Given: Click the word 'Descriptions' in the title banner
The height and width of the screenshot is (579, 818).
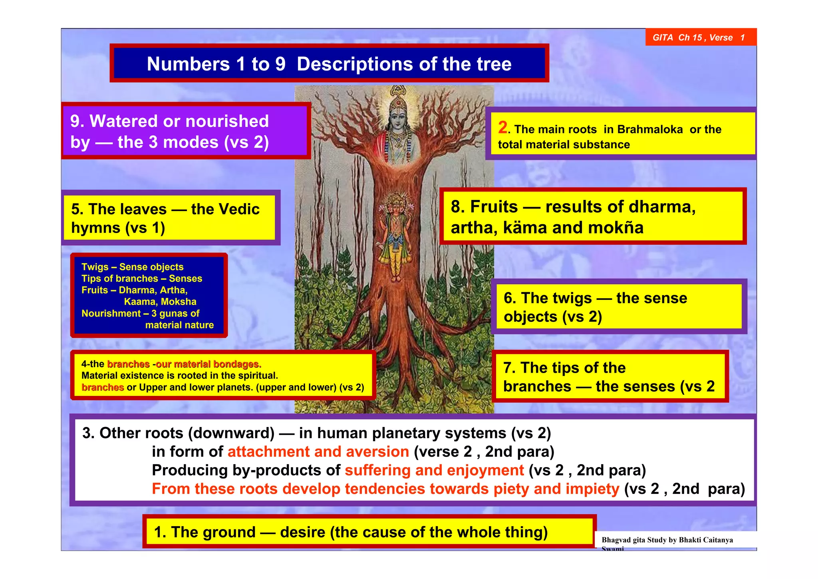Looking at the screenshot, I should pyautogui.click(x=361, y=64).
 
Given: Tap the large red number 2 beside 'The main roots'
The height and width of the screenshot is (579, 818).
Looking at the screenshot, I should pyautogui.click(x=503, y=128).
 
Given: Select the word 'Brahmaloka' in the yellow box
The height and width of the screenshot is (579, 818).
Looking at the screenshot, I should pyautogui.click(x=650, y=130).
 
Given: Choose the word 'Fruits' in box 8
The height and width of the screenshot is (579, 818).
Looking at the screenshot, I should pyautogui.click(x=494, y=207).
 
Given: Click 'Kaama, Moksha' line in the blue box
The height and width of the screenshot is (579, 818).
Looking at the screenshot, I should pyautogui.click(x=160, y=301).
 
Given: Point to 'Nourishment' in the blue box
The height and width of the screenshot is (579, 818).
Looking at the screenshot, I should pyautogui.click(x=111, y=313).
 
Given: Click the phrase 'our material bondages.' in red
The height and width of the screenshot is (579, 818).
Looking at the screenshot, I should pyautogui.click(x=208, y=364).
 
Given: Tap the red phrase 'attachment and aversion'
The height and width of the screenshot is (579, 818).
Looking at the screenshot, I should pyautogui.click(x=318, y=452).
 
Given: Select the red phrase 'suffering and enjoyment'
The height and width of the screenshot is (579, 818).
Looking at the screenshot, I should pyautogui.click(x=434, y=470).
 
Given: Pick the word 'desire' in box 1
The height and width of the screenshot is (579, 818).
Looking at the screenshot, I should pyautogui.click(x=302, y=532).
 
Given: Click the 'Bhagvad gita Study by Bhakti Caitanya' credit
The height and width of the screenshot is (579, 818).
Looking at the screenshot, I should pyautogui.click(x=667, y=540).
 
